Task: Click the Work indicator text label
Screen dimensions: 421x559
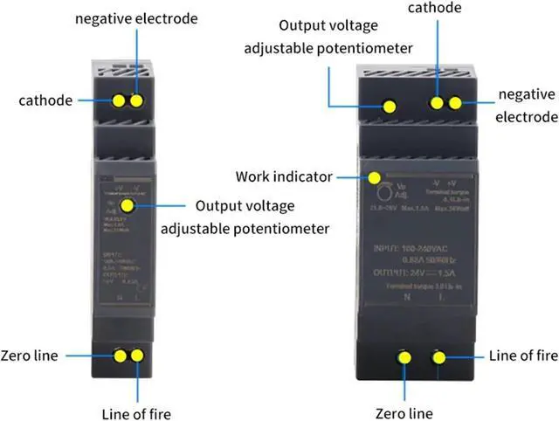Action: coord(284,176)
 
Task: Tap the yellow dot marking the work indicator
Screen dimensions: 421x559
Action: coord(375,176)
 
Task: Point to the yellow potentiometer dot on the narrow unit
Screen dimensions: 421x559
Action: coord(128,206)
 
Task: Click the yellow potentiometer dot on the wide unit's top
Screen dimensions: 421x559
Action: coord(390,107)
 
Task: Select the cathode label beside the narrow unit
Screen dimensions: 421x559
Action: coord(45,100)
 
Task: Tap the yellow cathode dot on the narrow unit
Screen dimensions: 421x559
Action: coord(118,100)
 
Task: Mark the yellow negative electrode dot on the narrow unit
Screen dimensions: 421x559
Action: coord(136,100)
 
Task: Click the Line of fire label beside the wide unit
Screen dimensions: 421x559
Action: coord(523,355)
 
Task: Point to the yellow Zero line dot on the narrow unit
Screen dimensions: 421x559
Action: coord(119,355)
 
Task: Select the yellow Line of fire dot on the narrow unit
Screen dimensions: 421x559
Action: coord(137,355)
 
